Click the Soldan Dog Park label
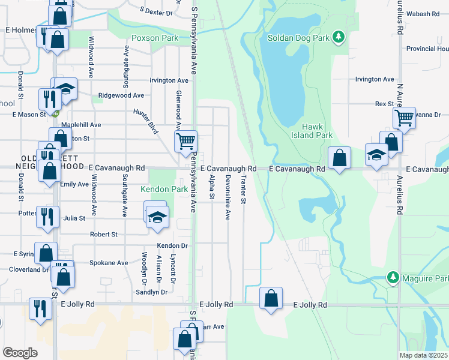coord(301,38)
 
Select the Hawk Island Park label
coord(317,131)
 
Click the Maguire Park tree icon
coord(393,277)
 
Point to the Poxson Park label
coord(155,38)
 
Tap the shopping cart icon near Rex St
coord(405,118)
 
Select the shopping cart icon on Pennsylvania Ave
coord(185,141)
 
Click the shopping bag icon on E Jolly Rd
coord(271,298)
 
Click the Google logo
coord(20,353)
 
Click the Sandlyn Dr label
coord(152,292)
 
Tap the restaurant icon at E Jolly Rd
coord(41,308)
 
